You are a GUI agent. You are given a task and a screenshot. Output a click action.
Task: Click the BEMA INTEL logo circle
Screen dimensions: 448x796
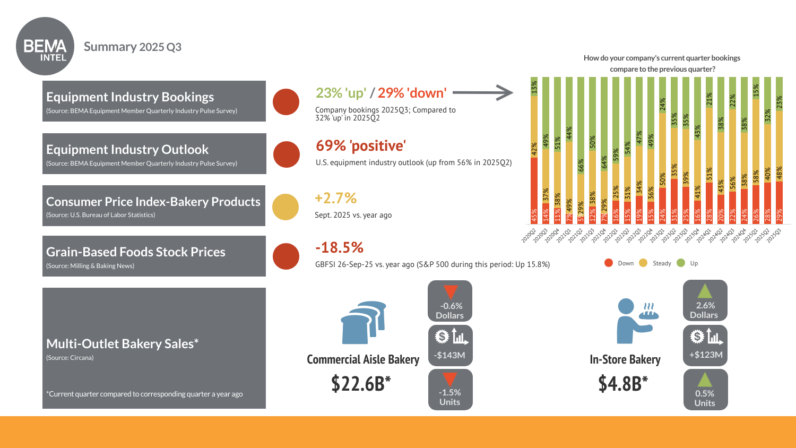(45, 46)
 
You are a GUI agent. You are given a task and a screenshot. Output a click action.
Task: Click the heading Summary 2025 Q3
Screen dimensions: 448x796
(133, 47)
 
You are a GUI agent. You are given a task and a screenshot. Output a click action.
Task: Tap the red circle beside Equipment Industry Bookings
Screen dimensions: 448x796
(286, 102)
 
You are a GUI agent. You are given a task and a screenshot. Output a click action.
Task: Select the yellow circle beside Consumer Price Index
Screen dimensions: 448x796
(285, 206)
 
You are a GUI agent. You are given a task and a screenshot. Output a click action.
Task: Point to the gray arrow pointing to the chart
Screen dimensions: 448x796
(482, 92)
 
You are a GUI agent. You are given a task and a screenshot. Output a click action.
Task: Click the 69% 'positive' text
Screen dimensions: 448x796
(361, 145)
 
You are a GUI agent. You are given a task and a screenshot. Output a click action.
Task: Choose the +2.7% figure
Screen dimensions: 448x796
(335, 198)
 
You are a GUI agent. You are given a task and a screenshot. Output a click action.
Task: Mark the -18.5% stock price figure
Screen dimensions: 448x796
(339, 247)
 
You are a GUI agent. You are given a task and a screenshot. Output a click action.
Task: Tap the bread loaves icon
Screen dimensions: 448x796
(364, 322)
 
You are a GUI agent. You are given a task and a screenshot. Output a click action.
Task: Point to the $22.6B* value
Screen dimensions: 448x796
(361, 383)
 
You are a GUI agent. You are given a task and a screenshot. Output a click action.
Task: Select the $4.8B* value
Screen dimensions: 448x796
(623, 383)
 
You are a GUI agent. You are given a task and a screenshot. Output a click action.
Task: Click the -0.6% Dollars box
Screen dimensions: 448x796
(450, 301)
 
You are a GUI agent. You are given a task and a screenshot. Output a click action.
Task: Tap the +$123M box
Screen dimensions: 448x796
(705, 346)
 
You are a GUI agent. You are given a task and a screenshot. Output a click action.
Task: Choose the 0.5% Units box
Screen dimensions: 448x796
(705, 390)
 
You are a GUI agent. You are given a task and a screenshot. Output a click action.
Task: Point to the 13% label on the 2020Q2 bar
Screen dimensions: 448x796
(534, 86)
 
